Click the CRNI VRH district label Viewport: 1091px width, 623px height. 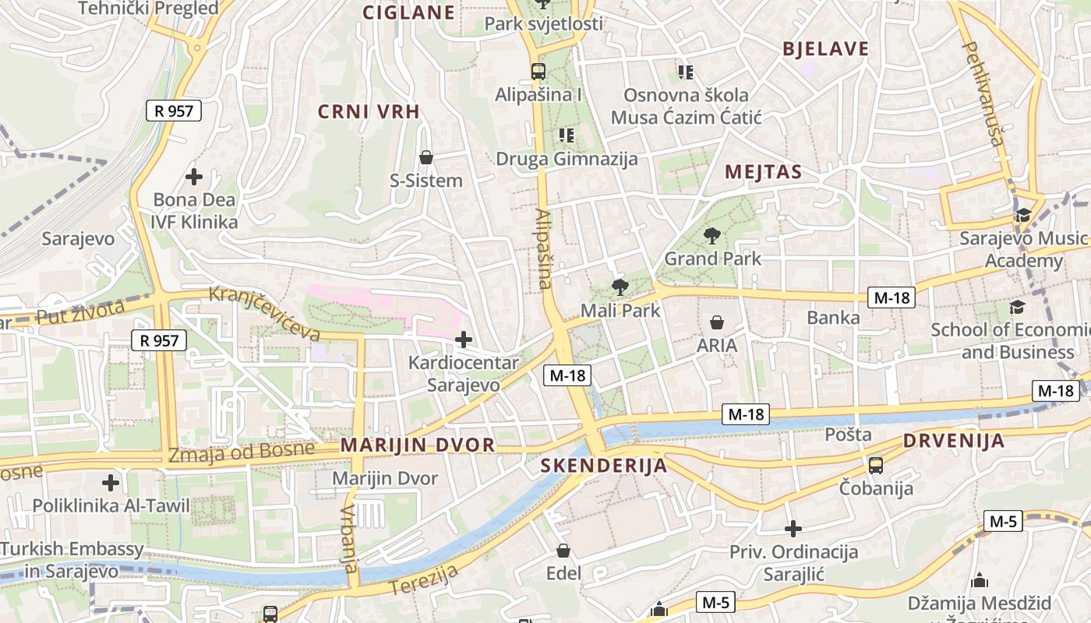pyautogui.click(x=369, y=111)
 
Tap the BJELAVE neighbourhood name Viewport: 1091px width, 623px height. pyautogui.click(x=825, y=49)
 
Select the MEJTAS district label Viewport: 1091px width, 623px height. pyautogui.click(x=763, y=172)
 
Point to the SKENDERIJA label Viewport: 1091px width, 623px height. pyautogui.click(x=604, y=466)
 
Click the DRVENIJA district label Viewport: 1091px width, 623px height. pyautogui.click(x=954, y=441)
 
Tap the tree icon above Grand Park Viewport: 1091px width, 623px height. pyautogui.click(x=711, y=235)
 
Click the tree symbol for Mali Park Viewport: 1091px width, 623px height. pyautogui.click(x=620, y=287)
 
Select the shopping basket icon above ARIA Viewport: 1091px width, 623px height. pyautogui.click(x=717, y=322)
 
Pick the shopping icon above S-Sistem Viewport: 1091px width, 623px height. pyautogui.click(x=426, y=157)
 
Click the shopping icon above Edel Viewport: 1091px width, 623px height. pyautogui.click(x=563, y=551)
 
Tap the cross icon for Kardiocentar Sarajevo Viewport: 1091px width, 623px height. pyautogui.click(x=464, y=340)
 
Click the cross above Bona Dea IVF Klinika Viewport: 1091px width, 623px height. pyautogui.click(x=194, y=176)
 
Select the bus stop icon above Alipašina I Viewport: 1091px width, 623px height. pyautogui.click(x=538, y=72)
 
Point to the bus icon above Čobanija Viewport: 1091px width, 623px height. pyautogui.click(x=876, y=466)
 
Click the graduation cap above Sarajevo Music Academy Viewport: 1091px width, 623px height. pyautogui.click(x=1022, y=215)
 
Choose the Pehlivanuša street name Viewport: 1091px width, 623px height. pyautogui.click(x=983, y=94)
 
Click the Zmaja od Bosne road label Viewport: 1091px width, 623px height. pyautogui.click(x=242, y=451)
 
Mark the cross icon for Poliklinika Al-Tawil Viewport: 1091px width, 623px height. pyautogui.click(x=111, y=483)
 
